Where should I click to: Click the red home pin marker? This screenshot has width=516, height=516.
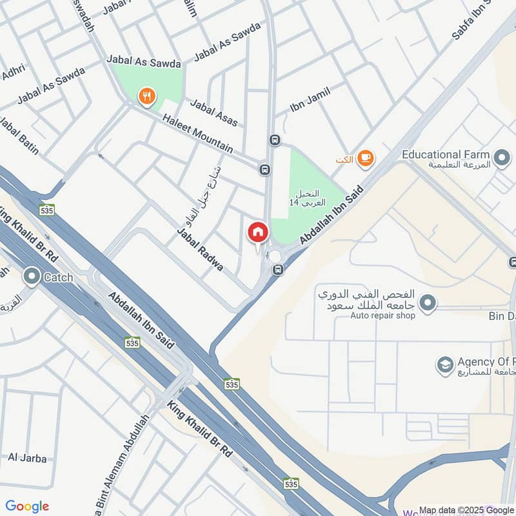258,233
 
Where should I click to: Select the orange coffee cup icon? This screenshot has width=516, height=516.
365,158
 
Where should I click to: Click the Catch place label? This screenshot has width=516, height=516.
59,277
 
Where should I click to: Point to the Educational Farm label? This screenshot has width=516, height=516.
446,155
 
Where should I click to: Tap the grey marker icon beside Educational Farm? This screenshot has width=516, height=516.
501,156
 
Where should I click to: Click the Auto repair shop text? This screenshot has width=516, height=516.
382,315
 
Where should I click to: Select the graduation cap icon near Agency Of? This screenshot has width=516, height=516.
444,366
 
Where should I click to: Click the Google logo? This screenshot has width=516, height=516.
27,506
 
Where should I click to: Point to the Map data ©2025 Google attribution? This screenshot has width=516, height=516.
466,509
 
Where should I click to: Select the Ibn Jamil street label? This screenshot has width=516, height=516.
310,101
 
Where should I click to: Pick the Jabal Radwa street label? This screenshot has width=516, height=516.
200,250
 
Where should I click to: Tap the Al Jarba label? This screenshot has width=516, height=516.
27,459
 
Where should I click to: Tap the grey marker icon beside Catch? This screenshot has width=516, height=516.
31,277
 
